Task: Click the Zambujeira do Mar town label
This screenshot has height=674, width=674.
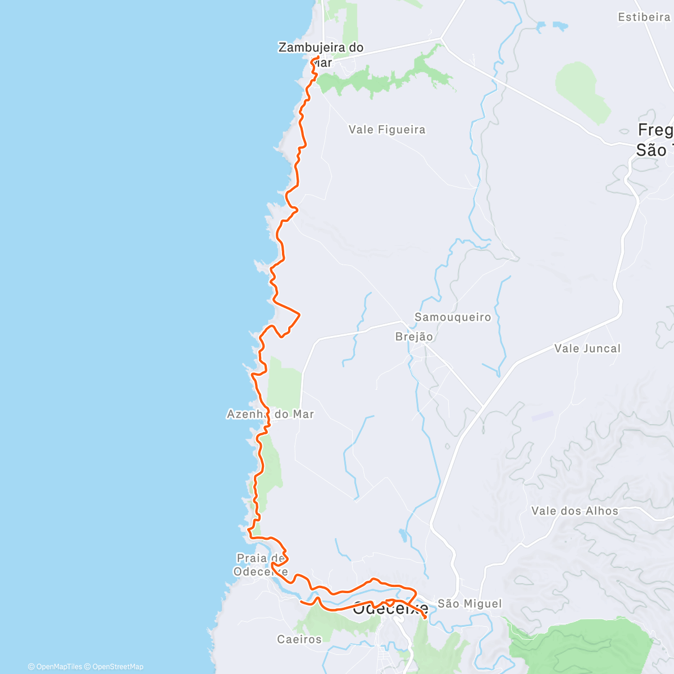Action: pyautogui.click(x=321, y=54)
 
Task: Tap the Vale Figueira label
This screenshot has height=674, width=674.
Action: pyautogui.click(x=387, y=130)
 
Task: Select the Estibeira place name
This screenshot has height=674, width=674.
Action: pyautogui.click(x=644, y=17)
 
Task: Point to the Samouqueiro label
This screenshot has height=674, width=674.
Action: pyautogui.click(x=453, y=317)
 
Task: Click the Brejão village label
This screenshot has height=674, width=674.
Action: pyautogui.click(x=414, y=337)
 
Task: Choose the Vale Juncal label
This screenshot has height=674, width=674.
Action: pyautogui.click(x=588, y=349)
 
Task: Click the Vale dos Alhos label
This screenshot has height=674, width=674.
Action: pyautogui.click(x=575, y=511)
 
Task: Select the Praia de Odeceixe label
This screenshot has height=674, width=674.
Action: pyautogui.click(x=261, y=565)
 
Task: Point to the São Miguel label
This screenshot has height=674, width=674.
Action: pyautogui.click(x=470, y=604)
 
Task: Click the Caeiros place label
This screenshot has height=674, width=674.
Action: pyautogui.click(x=299, y=639)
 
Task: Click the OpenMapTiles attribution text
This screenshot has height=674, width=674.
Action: pyautogui.click(x=55, y=667)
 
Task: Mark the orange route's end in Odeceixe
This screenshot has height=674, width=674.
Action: pyautogui.click(x=425, y=618)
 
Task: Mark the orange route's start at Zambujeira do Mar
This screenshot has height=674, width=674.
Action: pyautogui.click(x=318, y=58)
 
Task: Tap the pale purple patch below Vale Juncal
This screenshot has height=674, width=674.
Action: pyautogui.click(x=542, y=416)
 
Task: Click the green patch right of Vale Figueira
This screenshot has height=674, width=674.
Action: pyautogui.click(x=582, y=93)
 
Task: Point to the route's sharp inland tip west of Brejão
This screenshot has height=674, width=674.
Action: pyautogui.click(x=299, y=314)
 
